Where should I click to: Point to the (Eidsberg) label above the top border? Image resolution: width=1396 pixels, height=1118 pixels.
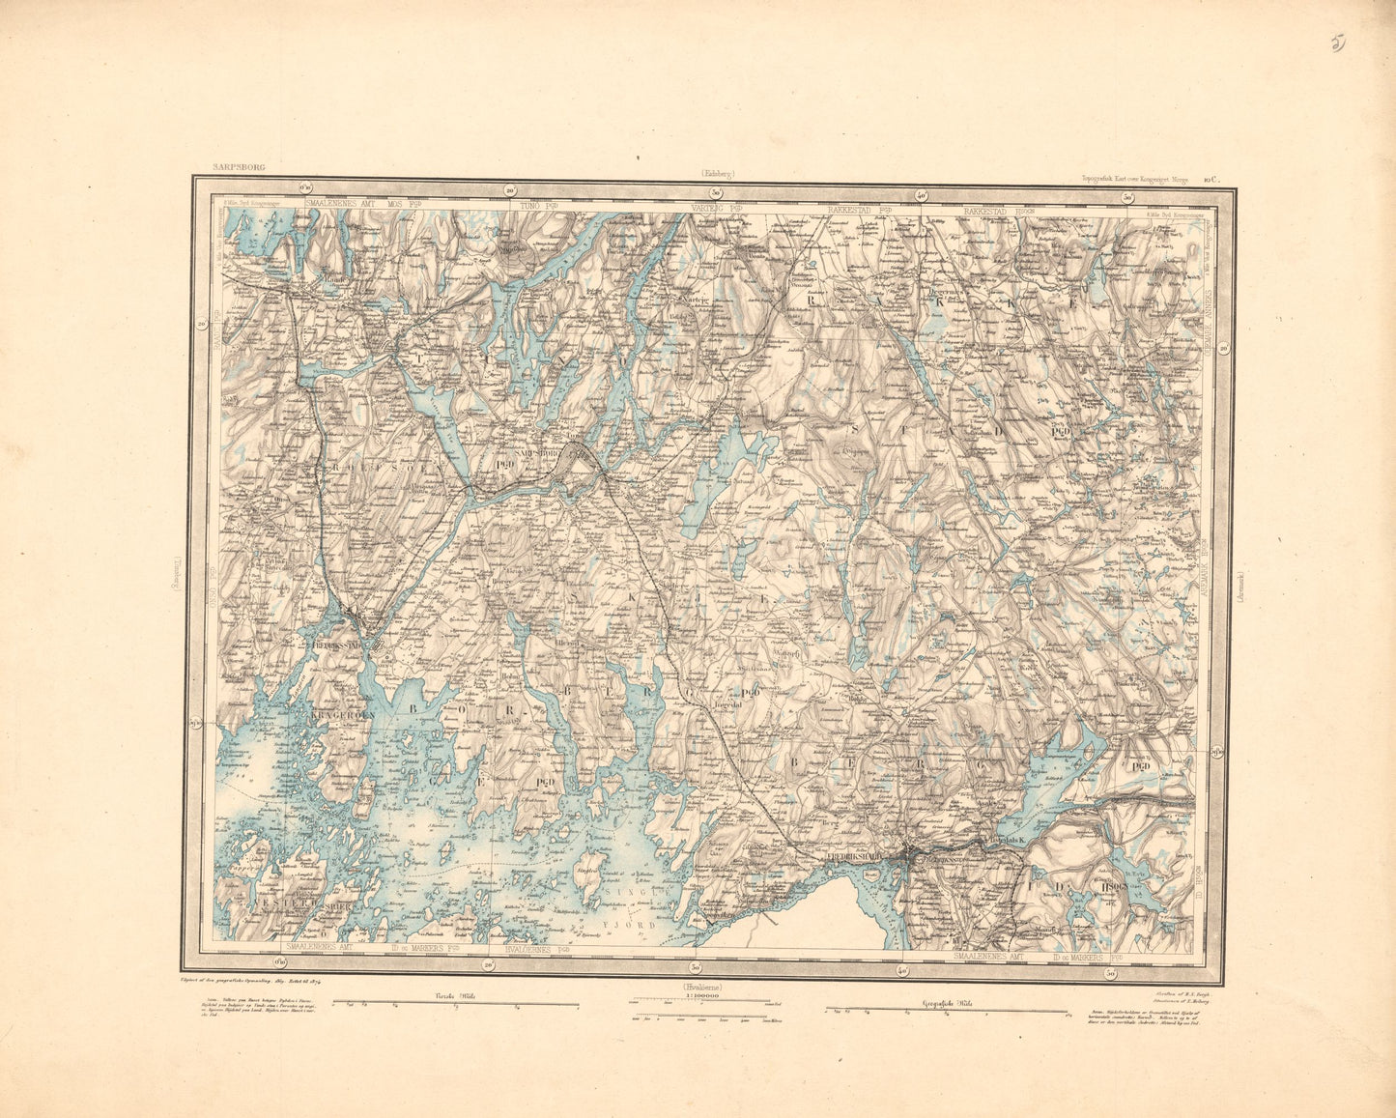[714, 174]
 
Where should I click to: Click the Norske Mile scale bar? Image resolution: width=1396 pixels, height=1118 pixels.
[455, 1007]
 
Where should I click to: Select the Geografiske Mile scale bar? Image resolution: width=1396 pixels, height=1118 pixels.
[947, 1012]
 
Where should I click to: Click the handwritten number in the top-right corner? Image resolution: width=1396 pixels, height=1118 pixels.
[1338, 43]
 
